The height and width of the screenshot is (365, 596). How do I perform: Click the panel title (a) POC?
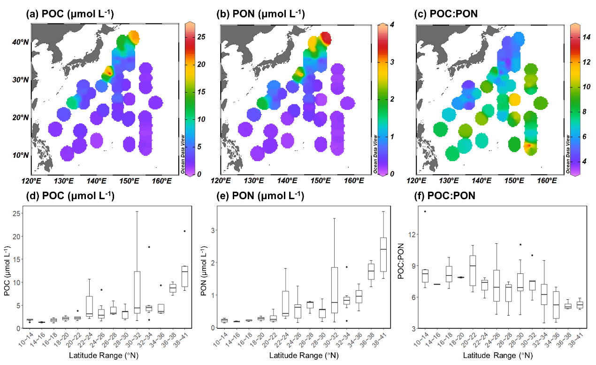pos(69,15)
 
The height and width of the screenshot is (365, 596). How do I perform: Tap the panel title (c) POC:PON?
pos(446,15)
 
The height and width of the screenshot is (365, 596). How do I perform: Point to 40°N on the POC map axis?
pos(20,42)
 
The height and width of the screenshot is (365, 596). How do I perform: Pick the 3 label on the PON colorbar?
pos(389,62)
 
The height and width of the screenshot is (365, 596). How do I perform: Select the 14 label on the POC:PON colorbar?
pos(585,40)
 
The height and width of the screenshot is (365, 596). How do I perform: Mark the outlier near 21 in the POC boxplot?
pos(184,231)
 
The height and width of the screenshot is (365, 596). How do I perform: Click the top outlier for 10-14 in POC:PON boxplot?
pos(425,211)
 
